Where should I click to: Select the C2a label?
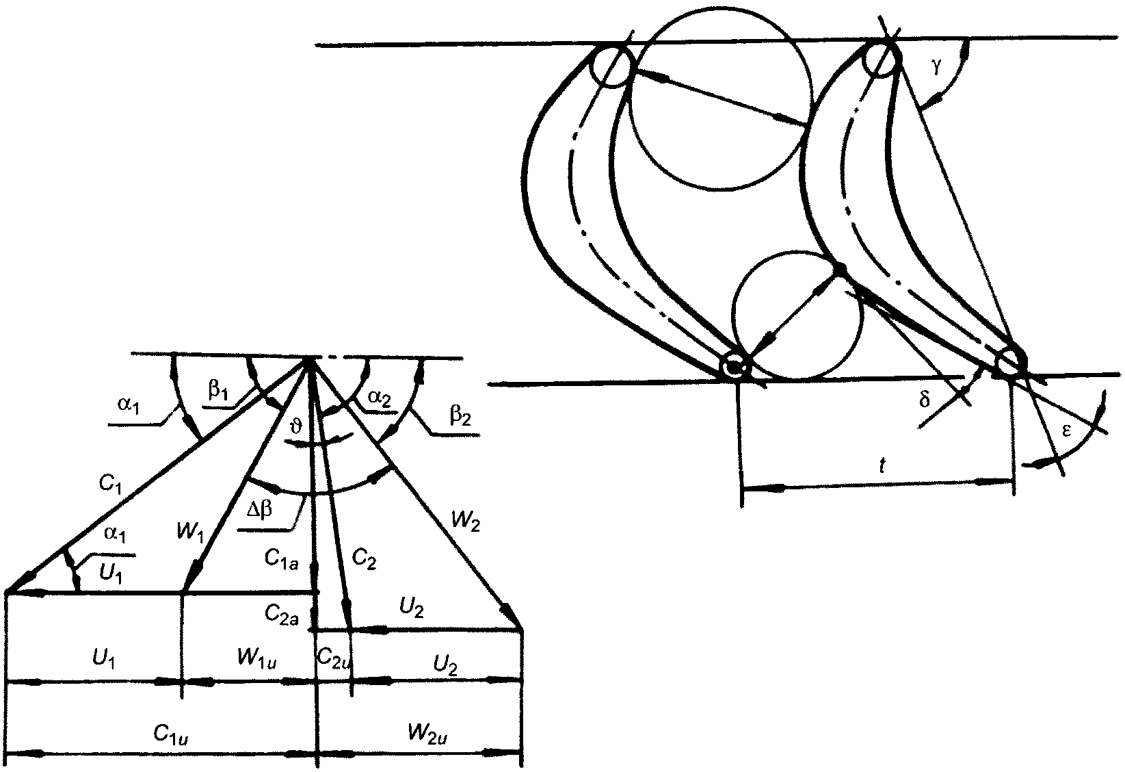tap(280, 613)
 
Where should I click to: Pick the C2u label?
tap(334, 657)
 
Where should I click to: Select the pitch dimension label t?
tap(882, 466)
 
